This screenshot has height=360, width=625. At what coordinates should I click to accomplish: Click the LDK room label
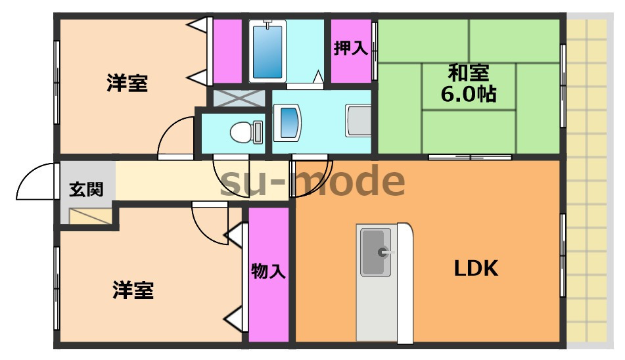pyautogui.click(x=476, y=268)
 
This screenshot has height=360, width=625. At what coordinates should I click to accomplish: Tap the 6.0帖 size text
pyautogui.click(x=469, y=94)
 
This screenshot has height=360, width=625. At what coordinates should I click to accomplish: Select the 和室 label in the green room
pyautogui.click(x=469, y=71)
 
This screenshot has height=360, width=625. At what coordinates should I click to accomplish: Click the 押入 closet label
pyautogui.click(x=350, y=49)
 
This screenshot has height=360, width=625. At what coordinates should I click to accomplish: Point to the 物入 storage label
pyautogui.click(x=269, y=271)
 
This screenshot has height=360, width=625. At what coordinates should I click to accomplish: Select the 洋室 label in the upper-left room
pyautogui.click(x=128, y=83)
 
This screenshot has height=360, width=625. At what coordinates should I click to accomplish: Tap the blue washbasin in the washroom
pyautogui.click(x=288, y=122)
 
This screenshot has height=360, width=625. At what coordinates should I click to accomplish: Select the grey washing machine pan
pyautogui.click(x=358, y=121)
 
